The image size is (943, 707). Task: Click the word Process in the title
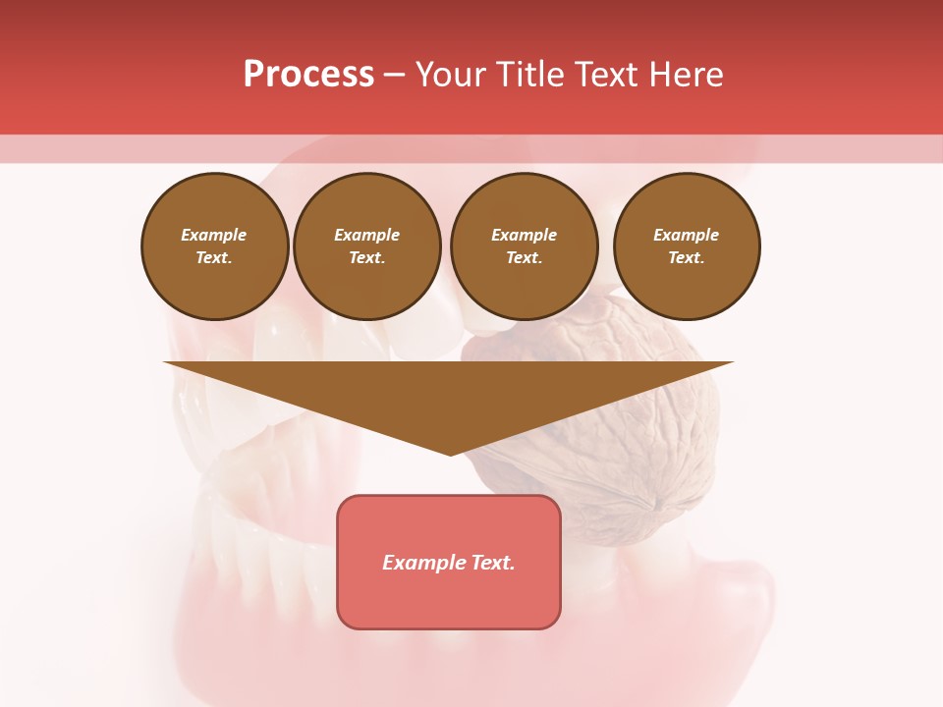[x=308, y=75]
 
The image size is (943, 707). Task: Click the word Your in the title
[x=452, y=75]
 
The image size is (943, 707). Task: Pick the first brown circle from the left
[x=214, y=246]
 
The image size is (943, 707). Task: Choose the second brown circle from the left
[x=367, y=246]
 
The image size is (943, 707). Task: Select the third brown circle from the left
[x=525, y=246]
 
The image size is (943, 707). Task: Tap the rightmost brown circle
[x=687, y=246]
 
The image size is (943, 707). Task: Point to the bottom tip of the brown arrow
[x=451, y=454]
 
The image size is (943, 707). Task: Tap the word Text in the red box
[x=490, y=563]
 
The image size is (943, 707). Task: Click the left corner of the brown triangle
[x=167, y=363]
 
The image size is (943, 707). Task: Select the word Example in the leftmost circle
[x=214, y=236]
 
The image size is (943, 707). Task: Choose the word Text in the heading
[x=610, y=75]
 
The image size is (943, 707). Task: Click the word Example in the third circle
[x=525, y=236]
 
